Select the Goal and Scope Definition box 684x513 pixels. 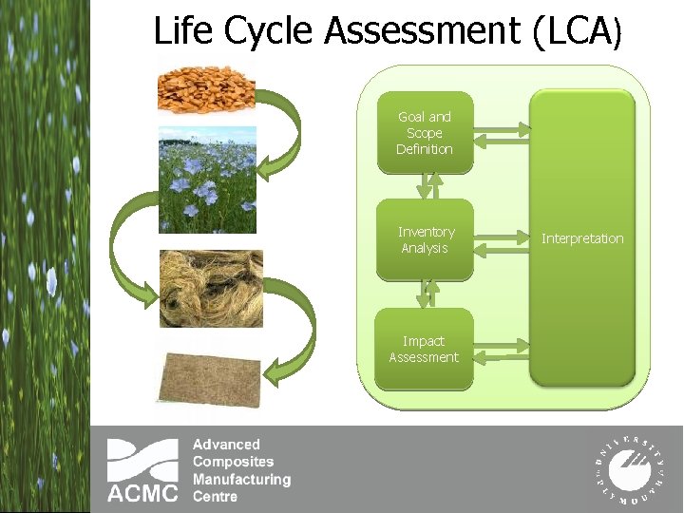coord(425,133)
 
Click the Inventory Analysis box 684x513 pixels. coord(426,239)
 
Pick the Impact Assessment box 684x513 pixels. coord(424,349)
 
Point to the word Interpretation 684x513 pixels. coord(582,238)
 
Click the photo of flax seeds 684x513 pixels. coord(207,87)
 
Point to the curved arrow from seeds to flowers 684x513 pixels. coord(281,133)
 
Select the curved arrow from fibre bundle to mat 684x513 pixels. coord(291,332)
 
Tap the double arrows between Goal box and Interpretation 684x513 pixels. coord(502,133)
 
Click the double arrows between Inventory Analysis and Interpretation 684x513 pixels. coord(502,240)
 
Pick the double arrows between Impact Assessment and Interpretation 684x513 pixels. coord(502,350)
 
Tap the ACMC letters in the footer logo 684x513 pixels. coord(142,492)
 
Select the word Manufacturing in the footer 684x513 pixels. coord(241,480)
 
